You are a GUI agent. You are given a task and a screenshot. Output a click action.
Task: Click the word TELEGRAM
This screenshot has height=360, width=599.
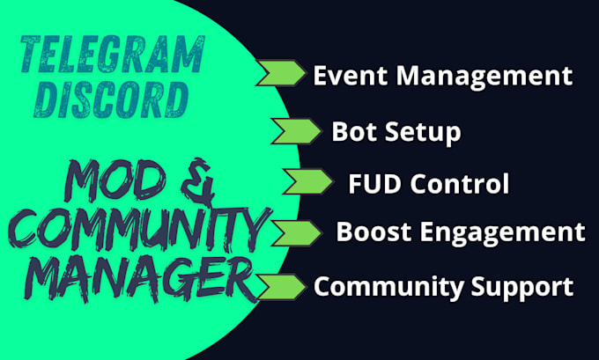pyautogui.click(x=113, y=55)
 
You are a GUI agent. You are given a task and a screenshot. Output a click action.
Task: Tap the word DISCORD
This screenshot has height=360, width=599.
pyautogui.click(x=111, y=99)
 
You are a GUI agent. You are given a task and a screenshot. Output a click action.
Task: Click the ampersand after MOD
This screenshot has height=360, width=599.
pyautogui.click(x=197, y=181)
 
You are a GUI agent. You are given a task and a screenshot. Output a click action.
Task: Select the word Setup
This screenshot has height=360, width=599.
pyautogui.click(x=423, y=133)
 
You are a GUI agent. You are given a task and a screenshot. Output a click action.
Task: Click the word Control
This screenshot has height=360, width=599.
pyautogui.click(x=460, y=184)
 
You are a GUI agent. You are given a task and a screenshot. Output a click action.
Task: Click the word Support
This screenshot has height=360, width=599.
pyautogui.click(x=521, y=287)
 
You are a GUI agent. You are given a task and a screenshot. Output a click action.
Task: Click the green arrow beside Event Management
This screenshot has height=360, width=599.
pyautogui.click(x=281, y=72)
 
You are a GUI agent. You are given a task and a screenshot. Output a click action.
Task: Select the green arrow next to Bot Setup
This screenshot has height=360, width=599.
pyautogui.click(x=297, y=131)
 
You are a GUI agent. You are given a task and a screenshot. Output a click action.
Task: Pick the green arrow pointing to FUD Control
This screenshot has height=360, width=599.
pyautogui.click(x=308, y=181)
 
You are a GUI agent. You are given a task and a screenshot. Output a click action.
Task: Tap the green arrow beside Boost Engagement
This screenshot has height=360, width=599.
pyautogui.click(x=297, y=233)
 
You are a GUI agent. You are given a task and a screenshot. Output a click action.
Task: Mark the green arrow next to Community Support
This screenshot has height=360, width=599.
pyautogui.click(x=282, y=287)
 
